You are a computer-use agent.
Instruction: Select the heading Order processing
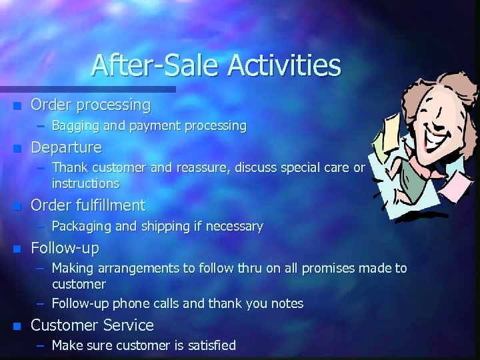tap(91, 105)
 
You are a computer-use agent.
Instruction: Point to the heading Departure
tap(66, 147)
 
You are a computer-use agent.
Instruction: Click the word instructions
tap(85, 183)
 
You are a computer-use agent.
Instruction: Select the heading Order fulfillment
tap(88, 205)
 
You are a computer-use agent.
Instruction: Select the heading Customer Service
tap(92, 325)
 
